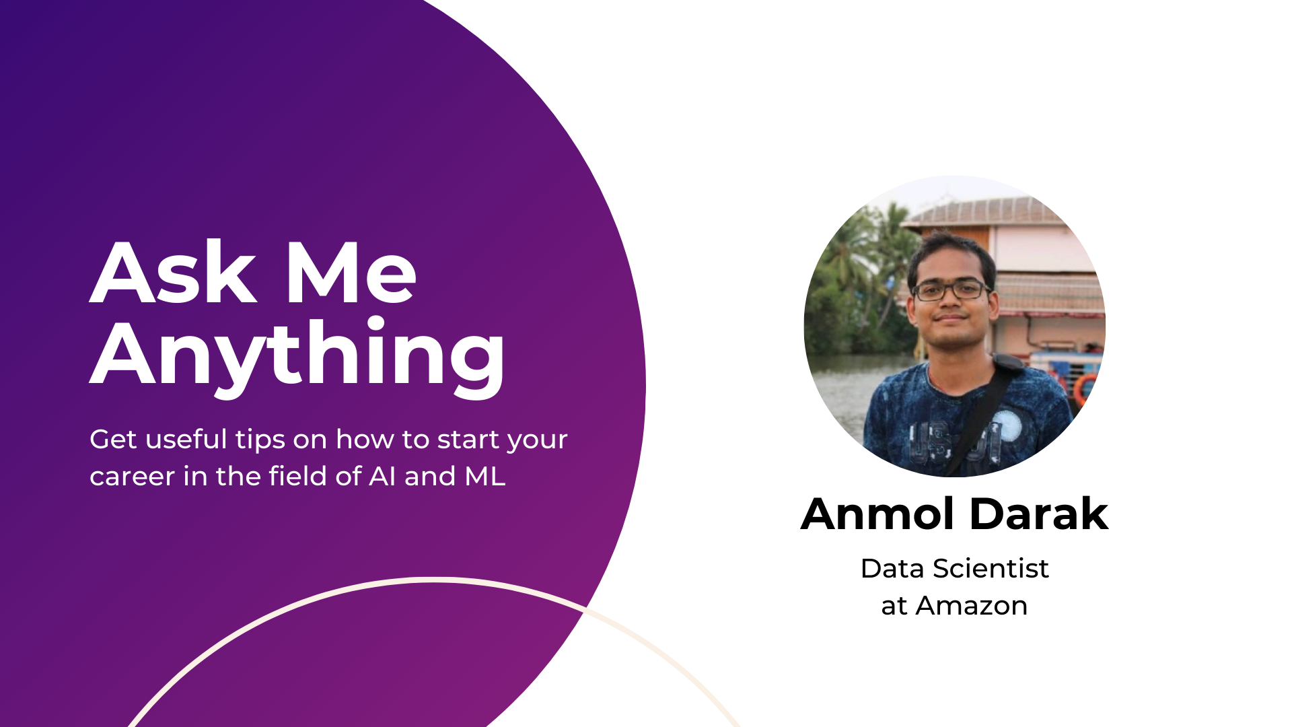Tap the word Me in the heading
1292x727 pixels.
(x=351, y=272)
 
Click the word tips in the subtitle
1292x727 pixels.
(x=260, y=440)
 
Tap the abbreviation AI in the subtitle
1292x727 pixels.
(x=382, y=476)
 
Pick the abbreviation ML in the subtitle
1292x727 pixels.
(x=485, y=476)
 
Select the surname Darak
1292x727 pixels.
(x=1039, y=514)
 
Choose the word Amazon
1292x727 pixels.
(x=972, y=606)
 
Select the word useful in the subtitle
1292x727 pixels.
(x=186, y=439)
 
